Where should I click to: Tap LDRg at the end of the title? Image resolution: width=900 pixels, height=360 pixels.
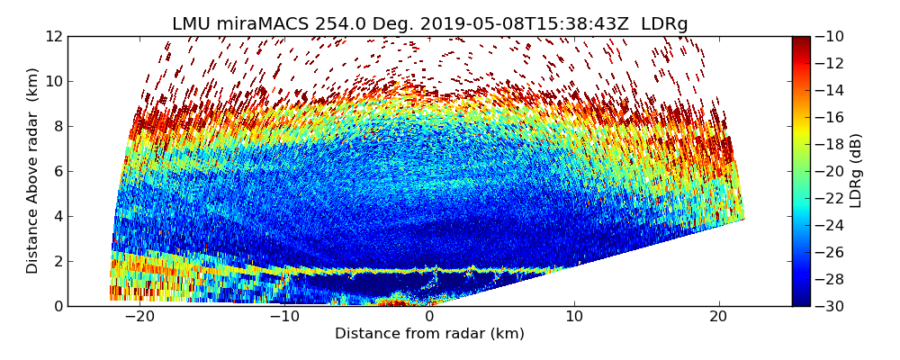point(664,24)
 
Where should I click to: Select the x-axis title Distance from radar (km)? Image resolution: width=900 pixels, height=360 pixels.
point(429,334)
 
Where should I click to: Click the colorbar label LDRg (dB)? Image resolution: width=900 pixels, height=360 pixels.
point(856,171)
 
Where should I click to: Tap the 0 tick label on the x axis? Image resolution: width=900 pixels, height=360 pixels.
point(429,317)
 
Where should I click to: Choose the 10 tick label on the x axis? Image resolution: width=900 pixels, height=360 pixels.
point(574,317)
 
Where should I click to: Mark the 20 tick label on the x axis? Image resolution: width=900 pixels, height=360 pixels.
point(719,317)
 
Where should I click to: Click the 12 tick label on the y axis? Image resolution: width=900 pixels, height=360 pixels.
point(53,37)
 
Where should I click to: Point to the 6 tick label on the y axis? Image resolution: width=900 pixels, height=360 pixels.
point(57,171)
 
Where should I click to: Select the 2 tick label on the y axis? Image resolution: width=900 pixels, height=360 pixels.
point(57,261)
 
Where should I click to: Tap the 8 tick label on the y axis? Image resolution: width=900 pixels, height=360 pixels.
point(57,126)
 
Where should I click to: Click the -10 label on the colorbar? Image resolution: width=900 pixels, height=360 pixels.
point(830,37)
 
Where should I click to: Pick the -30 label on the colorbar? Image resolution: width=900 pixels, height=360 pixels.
point(830,306)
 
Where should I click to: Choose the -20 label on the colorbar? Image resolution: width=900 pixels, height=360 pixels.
point(830,171)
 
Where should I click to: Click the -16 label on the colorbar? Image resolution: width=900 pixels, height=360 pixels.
point(830,117)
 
